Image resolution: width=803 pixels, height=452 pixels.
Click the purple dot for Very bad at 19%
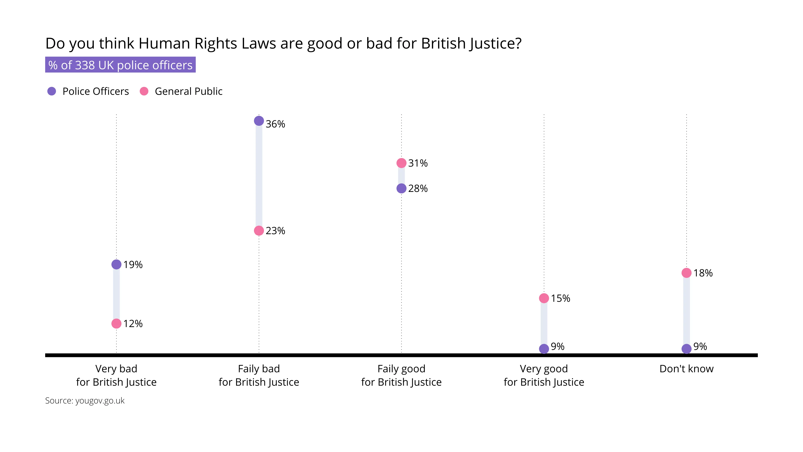point(116,265)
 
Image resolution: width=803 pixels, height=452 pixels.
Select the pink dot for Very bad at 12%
point(116,324)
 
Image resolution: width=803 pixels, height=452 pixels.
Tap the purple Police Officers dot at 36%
point(259,121)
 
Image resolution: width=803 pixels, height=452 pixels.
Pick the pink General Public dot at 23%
point(259,231)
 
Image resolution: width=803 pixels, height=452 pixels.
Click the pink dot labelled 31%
point(401,163)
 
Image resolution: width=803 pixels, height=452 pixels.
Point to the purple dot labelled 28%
point(401,188)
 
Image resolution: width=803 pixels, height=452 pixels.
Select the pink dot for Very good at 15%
point(544,298)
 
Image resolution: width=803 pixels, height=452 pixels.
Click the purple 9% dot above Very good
point(544,349)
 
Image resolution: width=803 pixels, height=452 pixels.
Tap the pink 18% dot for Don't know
point(686,273)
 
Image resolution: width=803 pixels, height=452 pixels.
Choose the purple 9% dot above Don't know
point(686,349)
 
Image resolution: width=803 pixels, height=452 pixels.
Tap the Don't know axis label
point(686,369)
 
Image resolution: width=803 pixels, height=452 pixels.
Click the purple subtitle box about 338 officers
point(120,65)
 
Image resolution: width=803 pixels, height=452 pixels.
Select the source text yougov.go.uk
point(85,401)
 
